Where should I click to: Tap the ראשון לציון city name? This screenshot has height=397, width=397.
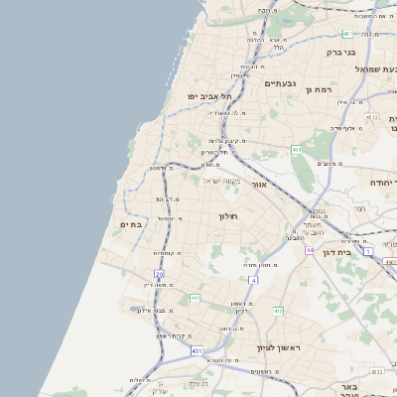point(278,347)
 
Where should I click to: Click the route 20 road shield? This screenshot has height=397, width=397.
point(159,273)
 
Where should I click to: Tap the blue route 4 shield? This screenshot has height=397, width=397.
point(253,280)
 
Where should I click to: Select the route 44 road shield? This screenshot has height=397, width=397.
point(310,250)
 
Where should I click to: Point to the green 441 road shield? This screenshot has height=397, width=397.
point(196,297)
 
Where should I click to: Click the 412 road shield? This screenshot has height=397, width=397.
point(278,311)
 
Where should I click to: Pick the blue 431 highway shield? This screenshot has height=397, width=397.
point(197,350)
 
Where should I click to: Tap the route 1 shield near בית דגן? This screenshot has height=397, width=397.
point(368,252)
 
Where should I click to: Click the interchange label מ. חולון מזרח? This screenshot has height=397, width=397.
point(259,265)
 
